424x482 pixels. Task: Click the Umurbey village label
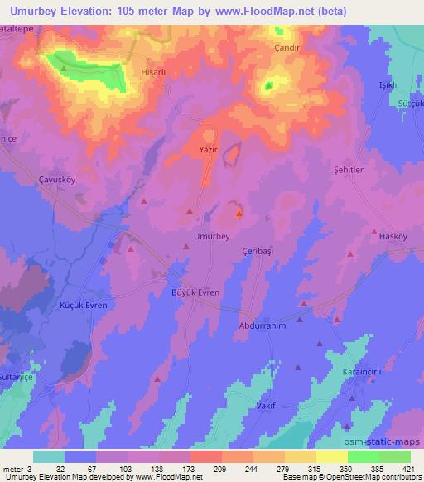(x=210, y=236)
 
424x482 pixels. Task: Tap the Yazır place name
(x=209, y=151)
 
